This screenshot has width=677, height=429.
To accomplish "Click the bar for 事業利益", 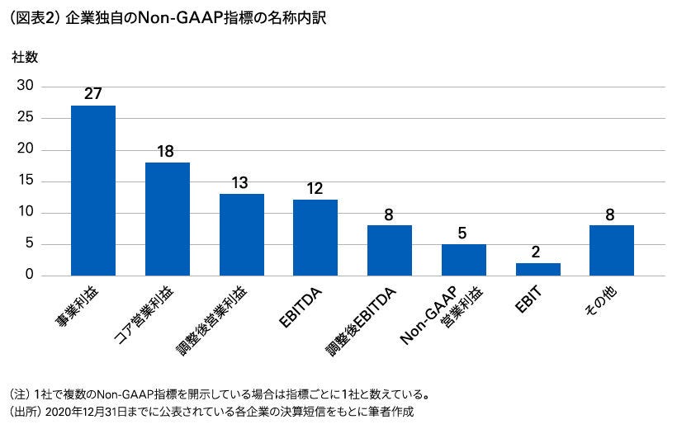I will point(93,191).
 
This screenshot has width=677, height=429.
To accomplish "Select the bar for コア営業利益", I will point(168,219).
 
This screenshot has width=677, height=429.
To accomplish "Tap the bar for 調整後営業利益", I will point(242,234).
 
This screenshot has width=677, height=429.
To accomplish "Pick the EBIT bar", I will point(538,269).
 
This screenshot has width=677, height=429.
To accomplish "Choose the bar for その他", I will point(612,250).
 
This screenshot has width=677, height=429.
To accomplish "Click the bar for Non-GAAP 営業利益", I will point(464,260).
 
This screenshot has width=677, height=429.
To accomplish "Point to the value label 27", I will point(93,93).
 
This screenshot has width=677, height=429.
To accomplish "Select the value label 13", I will point(241,182).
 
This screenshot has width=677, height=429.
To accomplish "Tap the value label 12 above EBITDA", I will point(315,189).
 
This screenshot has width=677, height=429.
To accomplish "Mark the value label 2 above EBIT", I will point(537,252).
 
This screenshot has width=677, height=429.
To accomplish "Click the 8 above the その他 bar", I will point(612,214).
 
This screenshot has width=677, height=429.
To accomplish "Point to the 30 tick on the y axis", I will point(26,86).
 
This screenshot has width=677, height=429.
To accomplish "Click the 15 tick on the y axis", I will point(26,181).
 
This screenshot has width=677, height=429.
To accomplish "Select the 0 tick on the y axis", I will point(29,276).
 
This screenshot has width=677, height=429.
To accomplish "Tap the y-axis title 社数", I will point(24,58).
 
